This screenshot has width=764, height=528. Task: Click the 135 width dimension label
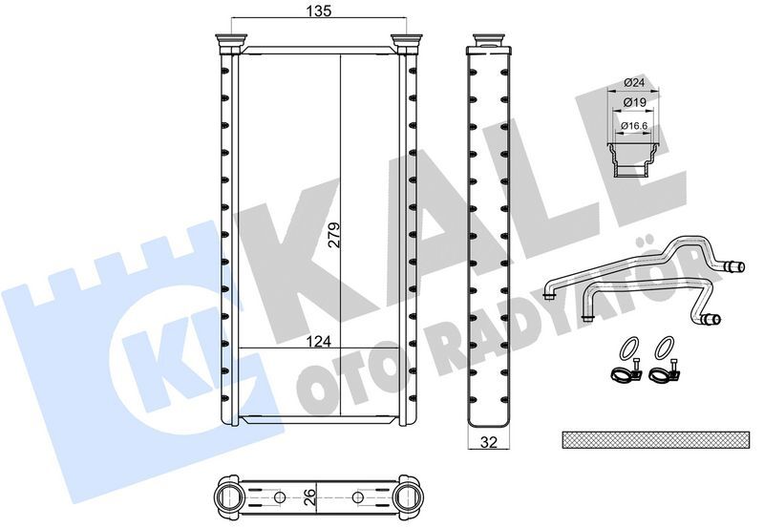pyautogui.click(x=318, y=11)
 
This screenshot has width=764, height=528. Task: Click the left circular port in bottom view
pyautogui.click(x=230, y=496)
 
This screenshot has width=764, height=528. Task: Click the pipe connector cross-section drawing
pyautogui.click(x=631, y=158)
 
